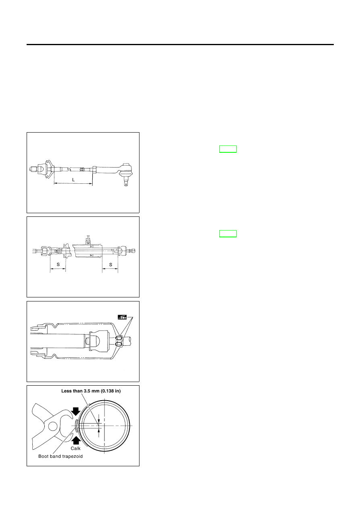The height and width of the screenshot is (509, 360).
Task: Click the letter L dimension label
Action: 73,180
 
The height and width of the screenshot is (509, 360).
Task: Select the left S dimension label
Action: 58,264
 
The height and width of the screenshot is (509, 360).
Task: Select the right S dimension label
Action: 111,264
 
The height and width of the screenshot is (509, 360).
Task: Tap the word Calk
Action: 75,448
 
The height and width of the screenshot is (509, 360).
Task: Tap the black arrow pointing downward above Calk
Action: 75,411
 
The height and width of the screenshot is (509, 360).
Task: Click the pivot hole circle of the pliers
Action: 53,426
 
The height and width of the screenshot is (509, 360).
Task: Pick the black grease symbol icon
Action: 122,317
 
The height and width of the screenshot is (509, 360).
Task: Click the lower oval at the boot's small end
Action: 119,345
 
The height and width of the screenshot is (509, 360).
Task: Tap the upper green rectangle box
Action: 228,149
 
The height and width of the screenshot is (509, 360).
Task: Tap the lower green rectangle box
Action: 228,234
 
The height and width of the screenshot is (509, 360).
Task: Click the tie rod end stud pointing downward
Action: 126,183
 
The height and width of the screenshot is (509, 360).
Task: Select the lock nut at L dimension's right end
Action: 94,170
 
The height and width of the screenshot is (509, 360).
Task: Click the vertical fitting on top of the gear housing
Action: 88,240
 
